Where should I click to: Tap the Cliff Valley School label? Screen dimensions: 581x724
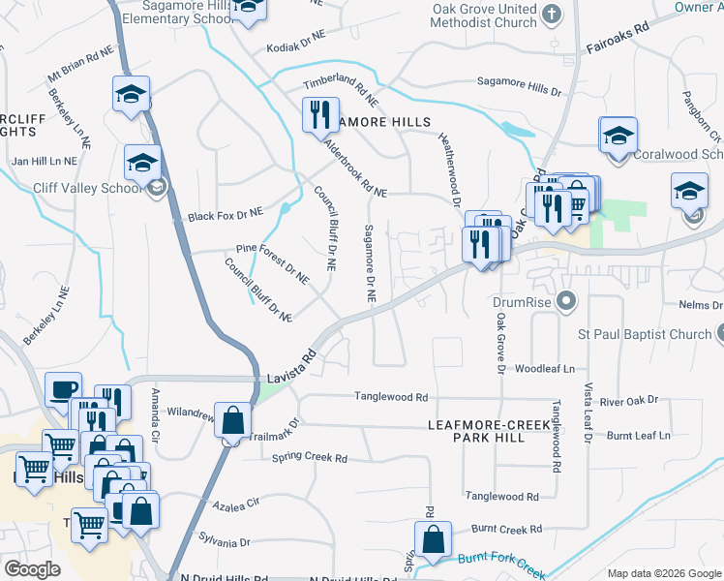(85, 188)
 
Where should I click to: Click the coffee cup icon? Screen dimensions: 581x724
(64, 389)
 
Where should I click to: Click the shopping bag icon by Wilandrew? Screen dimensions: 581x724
(233, 421)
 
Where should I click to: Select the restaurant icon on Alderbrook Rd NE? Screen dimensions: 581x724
(321, 115)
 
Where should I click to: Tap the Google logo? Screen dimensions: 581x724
(32, 569)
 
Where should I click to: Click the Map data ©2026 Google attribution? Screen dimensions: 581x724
(662, 572)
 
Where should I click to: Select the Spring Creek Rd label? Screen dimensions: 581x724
(310, 457)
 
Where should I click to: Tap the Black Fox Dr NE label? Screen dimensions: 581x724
(226, 212)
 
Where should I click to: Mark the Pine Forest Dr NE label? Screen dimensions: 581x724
(271, 262)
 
